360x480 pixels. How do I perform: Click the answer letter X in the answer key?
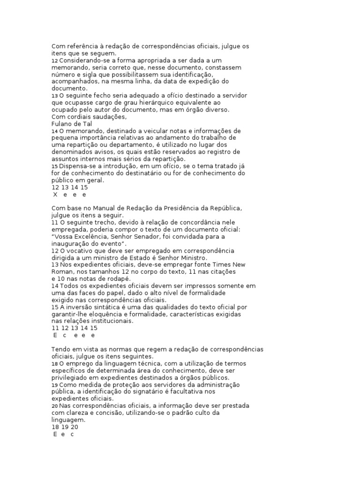pyautogui.click(x=55, y=194)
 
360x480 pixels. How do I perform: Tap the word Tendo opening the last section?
pyautogui.click(x=60, y=349)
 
